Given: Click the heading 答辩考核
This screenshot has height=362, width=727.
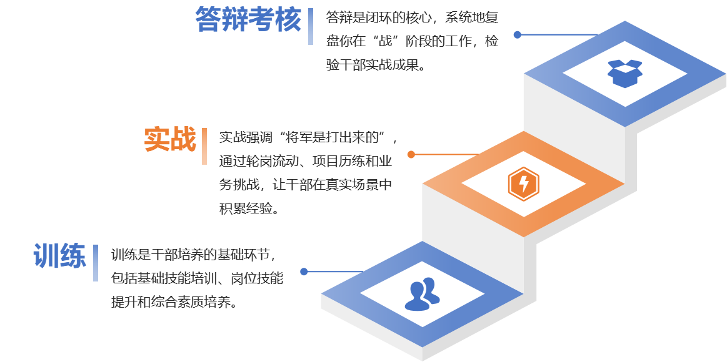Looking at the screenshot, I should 248,20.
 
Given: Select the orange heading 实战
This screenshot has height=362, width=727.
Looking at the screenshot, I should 169,140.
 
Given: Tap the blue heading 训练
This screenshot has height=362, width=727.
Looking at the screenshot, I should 59,255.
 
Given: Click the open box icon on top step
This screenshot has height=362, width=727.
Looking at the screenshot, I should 624,73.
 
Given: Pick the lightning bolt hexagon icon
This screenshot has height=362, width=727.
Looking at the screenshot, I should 523,183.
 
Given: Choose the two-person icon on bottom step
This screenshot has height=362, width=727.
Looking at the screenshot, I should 422,294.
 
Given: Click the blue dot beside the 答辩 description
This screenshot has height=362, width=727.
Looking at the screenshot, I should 517,35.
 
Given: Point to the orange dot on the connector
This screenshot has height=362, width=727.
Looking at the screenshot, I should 411,154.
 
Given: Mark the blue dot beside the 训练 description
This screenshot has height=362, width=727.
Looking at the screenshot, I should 304,271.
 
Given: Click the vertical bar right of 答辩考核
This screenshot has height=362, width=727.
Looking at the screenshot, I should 311,27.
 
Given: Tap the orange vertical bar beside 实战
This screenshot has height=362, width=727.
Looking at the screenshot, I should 204,146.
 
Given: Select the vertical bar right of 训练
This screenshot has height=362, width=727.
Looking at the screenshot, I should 96,263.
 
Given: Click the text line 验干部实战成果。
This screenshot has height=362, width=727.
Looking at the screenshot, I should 375,64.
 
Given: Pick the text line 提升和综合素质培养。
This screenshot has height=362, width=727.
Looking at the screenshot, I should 174,303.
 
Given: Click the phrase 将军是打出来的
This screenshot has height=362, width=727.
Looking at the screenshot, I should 338,136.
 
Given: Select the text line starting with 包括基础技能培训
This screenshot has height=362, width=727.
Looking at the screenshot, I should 197,278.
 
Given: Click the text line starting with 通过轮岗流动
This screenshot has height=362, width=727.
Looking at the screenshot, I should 306,160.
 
